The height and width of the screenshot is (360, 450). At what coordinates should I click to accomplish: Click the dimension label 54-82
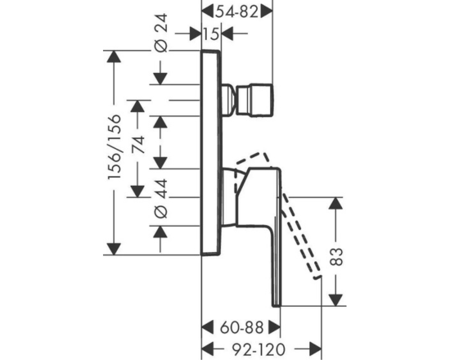pyautogui.click(x=236, y=12)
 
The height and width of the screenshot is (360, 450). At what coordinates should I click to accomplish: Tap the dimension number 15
pyautogui.click(x=212, y=34)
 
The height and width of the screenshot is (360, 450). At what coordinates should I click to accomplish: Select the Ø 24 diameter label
pyautogui.click(x=160, y=33)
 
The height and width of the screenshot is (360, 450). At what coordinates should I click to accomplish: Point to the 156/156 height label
pyautogui.click(x=115, y=147)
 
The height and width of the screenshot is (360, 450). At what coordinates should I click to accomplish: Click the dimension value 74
pyautogui.click(x=138, y=145)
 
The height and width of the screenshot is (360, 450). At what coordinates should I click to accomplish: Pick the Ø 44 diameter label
pyautogui.click(x=160, y=198)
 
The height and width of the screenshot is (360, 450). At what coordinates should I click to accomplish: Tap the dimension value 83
pyautogui.click(x=336, y=256)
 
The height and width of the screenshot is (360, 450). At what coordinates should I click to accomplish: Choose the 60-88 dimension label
pyautogui.click(x=241, y=327)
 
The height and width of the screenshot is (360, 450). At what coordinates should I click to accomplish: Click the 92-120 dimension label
pyautogui.click(x=259, y=349)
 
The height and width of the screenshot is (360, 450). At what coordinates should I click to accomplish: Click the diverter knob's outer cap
pyautogui.click(x=254, y=101)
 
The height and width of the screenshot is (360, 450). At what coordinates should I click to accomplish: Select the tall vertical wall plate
pyautogui.click(x=211, y=153)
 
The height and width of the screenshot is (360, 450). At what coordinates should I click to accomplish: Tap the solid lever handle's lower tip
pyautogui.click(x=277, y=305)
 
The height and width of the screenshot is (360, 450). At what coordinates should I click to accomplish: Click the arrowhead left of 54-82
pyautogui.click(x=208, y=12)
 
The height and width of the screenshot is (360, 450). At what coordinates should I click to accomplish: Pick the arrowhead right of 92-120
pyautogui.click(x=315, y=349)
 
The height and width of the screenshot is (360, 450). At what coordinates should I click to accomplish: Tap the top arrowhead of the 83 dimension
pyautogui.click(x=335, y=203)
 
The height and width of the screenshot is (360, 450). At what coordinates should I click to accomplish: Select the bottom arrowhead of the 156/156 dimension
pyautogui.click(x=114, y=249)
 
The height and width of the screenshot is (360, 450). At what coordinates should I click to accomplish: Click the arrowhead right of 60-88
pyautogui.click(x=274, y=327)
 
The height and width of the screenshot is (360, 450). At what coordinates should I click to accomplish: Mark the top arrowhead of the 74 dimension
pyautogui.click(x=137, y=106)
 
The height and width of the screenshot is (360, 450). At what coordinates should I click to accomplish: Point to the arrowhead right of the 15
pyautogui.click(x=227, y=34)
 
